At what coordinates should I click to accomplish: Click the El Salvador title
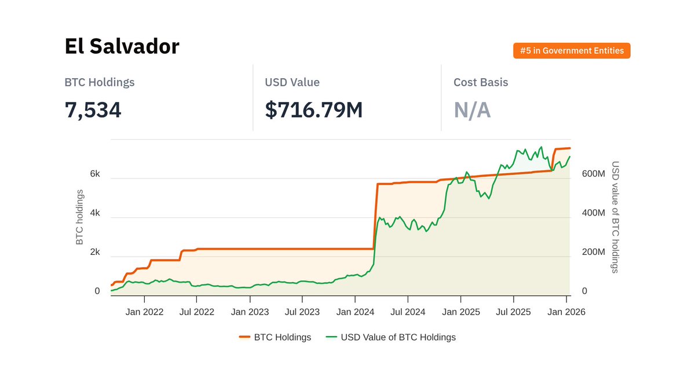[x=122, y=46]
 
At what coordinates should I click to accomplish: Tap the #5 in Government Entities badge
[x=572, y=51]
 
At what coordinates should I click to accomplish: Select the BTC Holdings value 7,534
[x=93, y=109]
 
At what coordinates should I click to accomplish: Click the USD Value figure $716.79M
[x=313, y=109]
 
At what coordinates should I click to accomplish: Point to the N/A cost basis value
[x=472, y=109]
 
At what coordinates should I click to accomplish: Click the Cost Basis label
[x=481, y=82]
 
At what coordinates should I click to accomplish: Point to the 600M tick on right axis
[x=593, y=174]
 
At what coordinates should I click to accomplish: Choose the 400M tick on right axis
[x=593, y=213]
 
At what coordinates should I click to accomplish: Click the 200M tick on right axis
[x=593, y=253]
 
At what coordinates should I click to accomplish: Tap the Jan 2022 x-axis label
[x=144, y=312]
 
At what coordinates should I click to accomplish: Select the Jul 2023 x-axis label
[x=302, y=312]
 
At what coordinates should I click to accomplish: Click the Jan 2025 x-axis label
[x=461, y=312]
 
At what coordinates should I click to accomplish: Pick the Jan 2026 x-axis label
[x=566, y=312]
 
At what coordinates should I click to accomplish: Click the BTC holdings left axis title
[x=80, y=217]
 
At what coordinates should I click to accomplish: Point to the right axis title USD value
[x=615, y=217]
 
